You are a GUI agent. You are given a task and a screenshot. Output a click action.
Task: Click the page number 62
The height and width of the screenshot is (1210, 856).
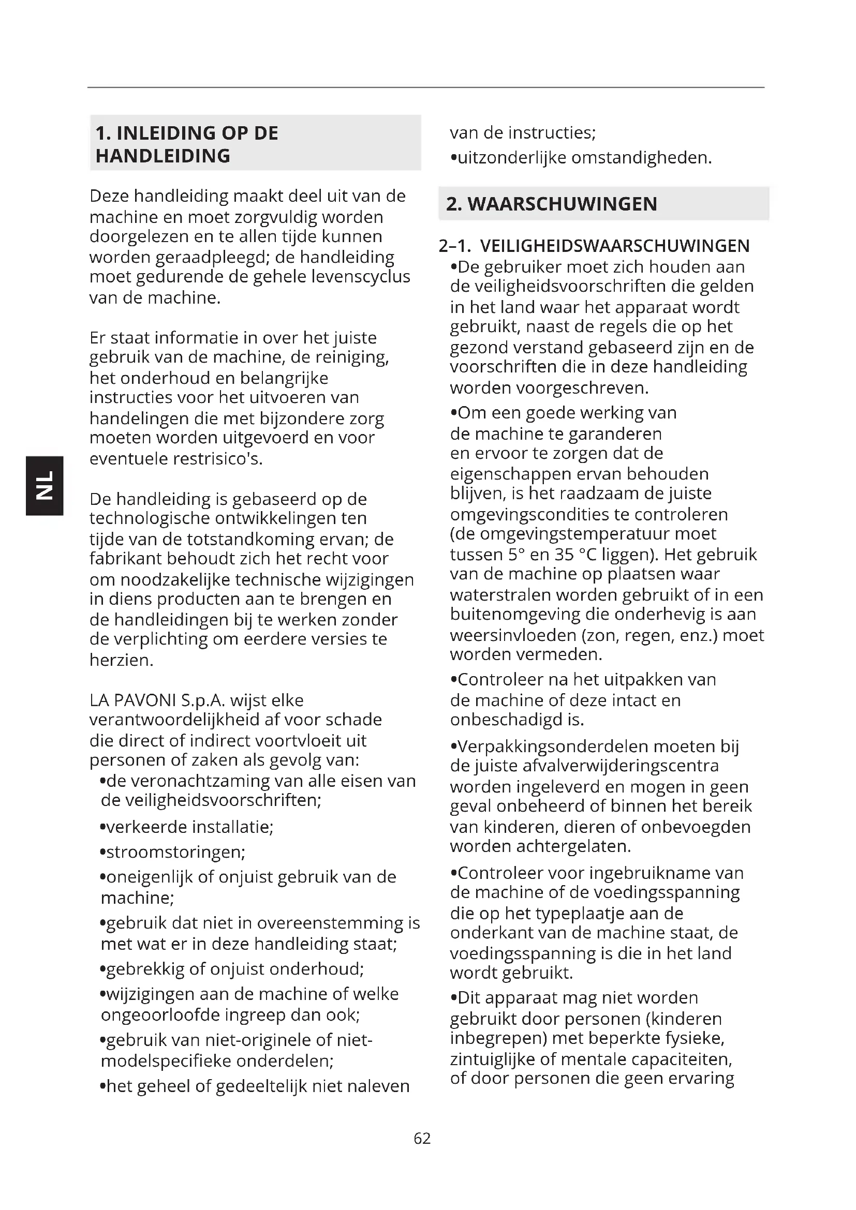tap(422, 1139)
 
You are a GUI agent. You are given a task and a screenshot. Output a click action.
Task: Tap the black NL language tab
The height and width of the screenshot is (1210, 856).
tap(45, 485)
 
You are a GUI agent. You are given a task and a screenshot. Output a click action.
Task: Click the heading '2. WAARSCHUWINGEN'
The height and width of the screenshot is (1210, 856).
tap(551, 204)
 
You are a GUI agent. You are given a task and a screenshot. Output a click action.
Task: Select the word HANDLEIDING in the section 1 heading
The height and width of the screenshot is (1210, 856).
tap(163, 156)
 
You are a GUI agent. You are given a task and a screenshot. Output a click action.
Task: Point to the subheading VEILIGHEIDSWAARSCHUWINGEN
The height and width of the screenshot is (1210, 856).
tap(615, 246)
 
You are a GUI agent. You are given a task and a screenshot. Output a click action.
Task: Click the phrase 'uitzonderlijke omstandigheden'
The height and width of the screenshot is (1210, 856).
tap(584, 158)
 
